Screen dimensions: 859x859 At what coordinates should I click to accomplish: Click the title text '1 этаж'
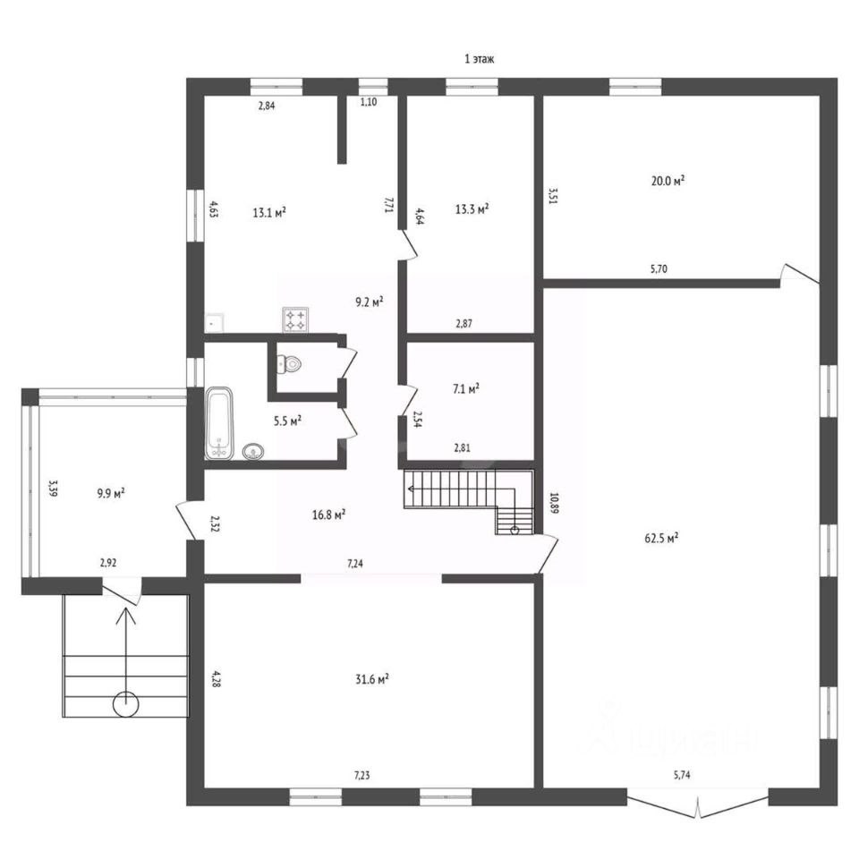click(479, 59)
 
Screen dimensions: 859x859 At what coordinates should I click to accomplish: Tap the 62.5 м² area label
click(661, 538)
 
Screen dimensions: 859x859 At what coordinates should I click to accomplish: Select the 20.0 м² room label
click(668, 180)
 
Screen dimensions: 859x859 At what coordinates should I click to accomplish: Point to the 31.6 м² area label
click(371, 679)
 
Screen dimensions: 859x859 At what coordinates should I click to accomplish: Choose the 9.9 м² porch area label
click(109, 492)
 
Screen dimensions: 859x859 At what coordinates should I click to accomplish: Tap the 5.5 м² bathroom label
click(286, 420)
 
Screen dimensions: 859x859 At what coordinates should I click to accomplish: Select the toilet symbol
click(290, 364)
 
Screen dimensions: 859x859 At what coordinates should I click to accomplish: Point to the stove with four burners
click(296, 319)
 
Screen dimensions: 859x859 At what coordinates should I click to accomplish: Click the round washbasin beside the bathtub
click(255, 451)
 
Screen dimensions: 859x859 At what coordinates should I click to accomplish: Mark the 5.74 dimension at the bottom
click(682, 774)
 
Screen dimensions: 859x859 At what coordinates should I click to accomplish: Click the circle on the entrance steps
click(126, 704)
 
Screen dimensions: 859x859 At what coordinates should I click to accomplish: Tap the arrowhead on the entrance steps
click(126, 614)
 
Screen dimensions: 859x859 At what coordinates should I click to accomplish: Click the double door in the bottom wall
click(698, 803)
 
